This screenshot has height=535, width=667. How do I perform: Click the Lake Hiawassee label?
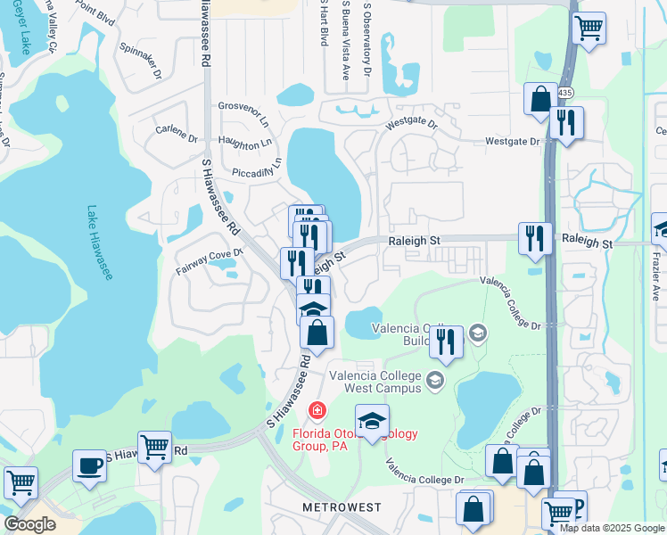tap(100, 243)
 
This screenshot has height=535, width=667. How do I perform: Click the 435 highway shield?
tap(567, 92)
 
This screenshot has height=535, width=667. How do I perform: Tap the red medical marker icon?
tap(316, 410)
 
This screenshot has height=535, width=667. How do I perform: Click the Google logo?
tap(29, 524)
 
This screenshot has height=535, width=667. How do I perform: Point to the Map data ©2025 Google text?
tap(611, 528)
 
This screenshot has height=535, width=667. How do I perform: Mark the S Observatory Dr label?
tap(366, 40)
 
